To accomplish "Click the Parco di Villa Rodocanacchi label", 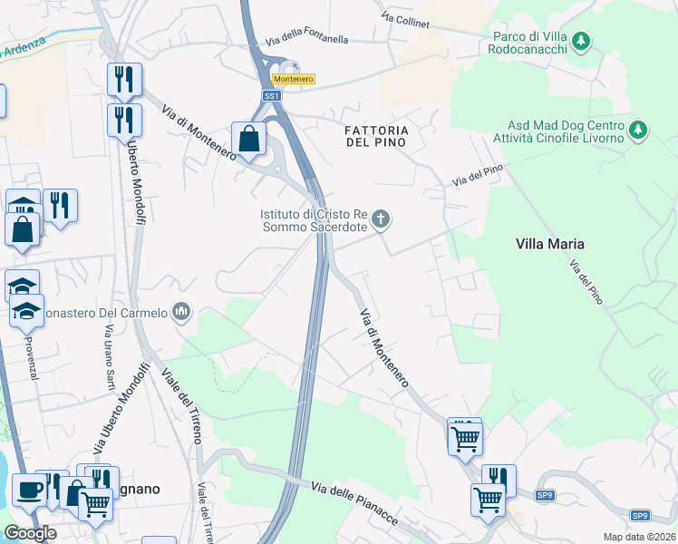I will [x=529, y=43].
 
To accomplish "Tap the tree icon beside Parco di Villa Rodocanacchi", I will [x=582, y=41].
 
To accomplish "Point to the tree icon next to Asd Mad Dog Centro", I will [x=639, y=130].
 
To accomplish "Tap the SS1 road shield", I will [x=272, y=95].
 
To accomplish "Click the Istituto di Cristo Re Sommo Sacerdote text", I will [x=312, y=219].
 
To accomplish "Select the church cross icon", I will [x=382, y=219].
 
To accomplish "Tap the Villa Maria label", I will [x=549, y=244].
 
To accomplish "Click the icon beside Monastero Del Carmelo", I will [x=181, y=313].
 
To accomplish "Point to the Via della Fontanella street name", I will [x=307, y=40].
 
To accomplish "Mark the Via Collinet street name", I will [x=402, y=17].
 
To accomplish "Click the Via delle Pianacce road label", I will [x=354, y=501].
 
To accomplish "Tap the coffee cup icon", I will [x=29, y=491].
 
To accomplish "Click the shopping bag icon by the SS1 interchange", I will [x=248, y=140].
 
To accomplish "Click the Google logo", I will [x=30, y=533].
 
